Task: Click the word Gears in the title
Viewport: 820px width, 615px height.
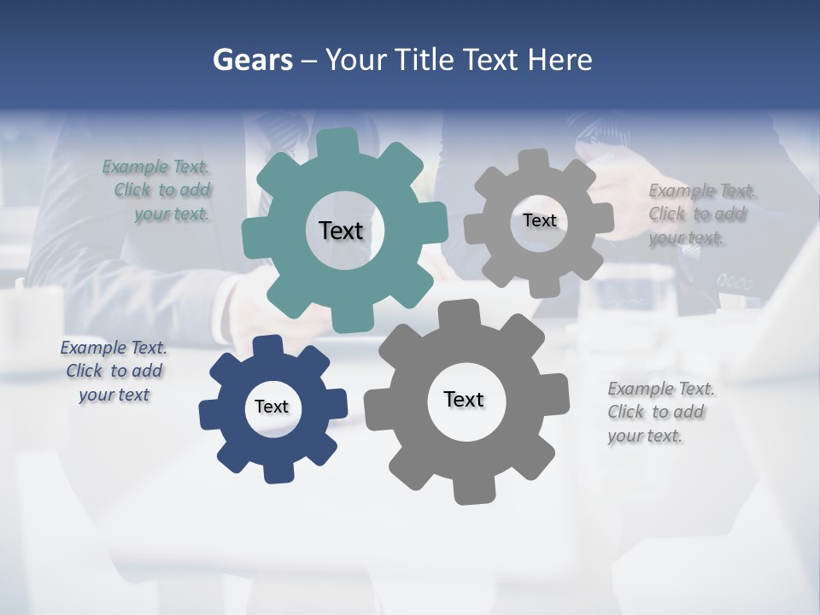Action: (x=252, y=61)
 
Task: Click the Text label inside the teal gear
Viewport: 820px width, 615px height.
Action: (x=341, y=231)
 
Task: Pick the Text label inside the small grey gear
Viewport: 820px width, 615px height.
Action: (x=539, y=220)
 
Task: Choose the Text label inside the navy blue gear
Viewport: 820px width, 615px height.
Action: (x=272, y=407)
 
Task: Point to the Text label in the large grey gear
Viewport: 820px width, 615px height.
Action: (x=464, y=399)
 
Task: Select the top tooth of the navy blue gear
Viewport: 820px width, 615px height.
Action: (x=268, y=346)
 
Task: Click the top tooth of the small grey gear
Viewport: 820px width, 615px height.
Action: (x=534, y=161)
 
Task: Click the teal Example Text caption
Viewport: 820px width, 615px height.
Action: (x=159, y=190)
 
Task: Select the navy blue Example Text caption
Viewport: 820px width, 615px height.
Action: (x=114, y=372)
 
